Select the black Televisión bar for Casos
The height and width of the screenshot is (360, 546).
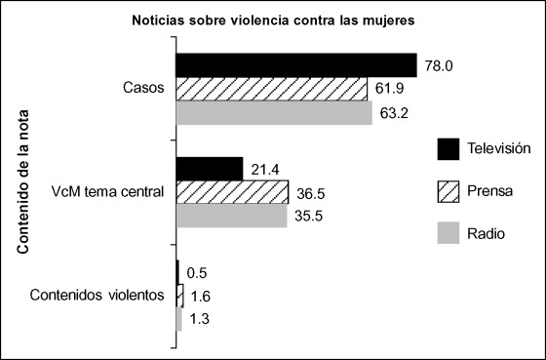[x=295, y=64]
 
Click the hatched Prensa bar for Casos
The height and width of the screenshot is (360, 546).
[x=271, y=89]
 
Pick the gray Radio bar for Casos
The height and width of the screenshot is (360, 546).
[x=273, y=113]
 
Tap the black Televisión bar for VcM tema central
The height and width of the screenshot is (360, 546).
[x=209, y=168]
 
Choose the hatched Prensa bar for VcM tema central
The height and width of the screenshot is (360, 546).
[x=232, y=191]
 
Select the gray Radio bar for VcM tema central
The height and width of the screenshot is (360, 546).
[x=231, y=216]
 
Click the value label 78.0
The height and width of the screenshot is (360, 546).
[x=437, y=64]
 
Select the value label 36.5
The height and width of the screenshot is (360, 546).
[x=309, y=191]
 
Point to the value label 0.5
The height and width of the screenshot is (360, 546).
[x=195, y=273]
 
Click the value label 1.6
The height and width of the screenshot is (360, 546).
[x=199, y=295]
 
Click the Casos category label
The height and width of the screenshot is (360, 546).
[x=144, y=89]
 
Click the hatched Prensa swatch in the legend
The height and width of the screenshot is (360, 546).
[x=448, y=191]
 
